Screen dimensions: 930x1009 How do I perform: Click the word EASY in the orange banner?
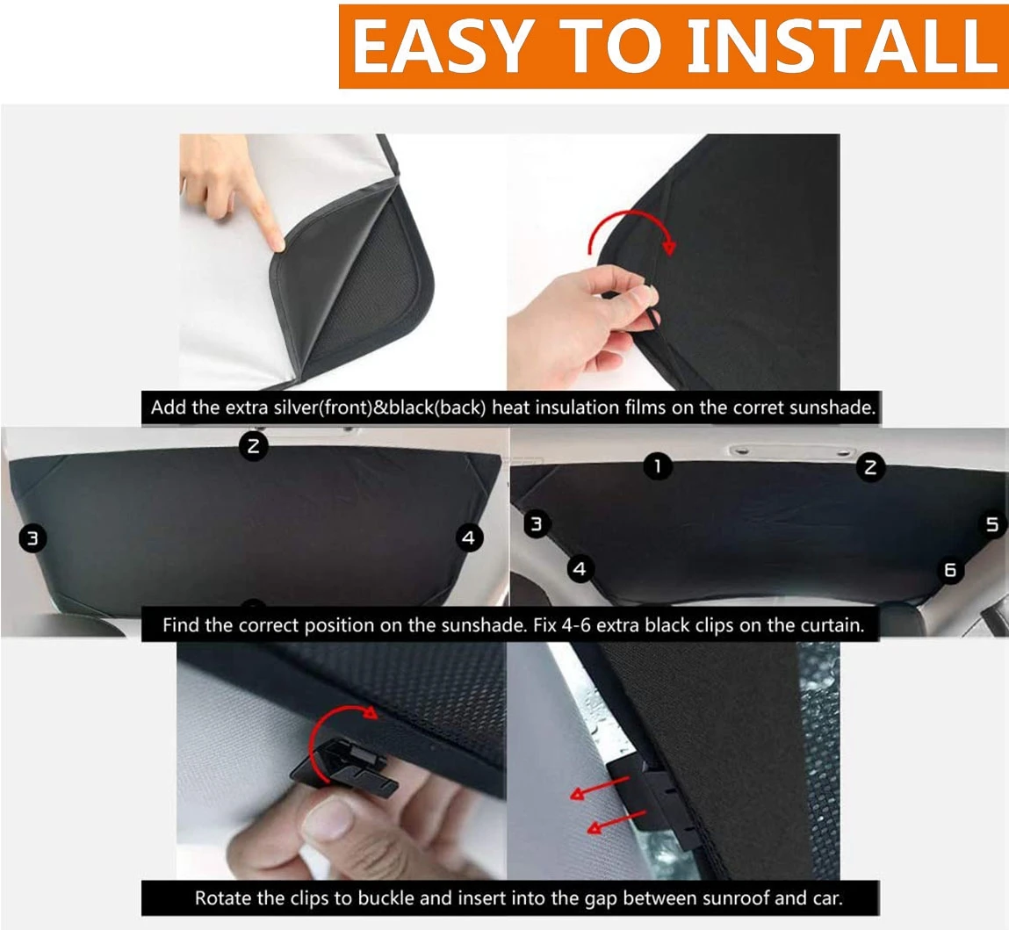point(443,47)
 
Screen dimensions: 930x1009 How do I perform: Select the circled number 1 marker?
point(658,466)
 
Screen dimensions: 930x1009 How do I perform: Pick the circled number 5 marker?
point(991,525)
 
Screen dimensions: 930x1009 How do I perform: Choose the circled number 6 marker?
point(949,570)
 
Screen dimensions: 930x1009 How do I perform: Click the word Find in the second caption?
point(180,625)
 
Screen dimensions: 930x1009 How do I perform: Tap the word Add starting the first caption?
point(166,407)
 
